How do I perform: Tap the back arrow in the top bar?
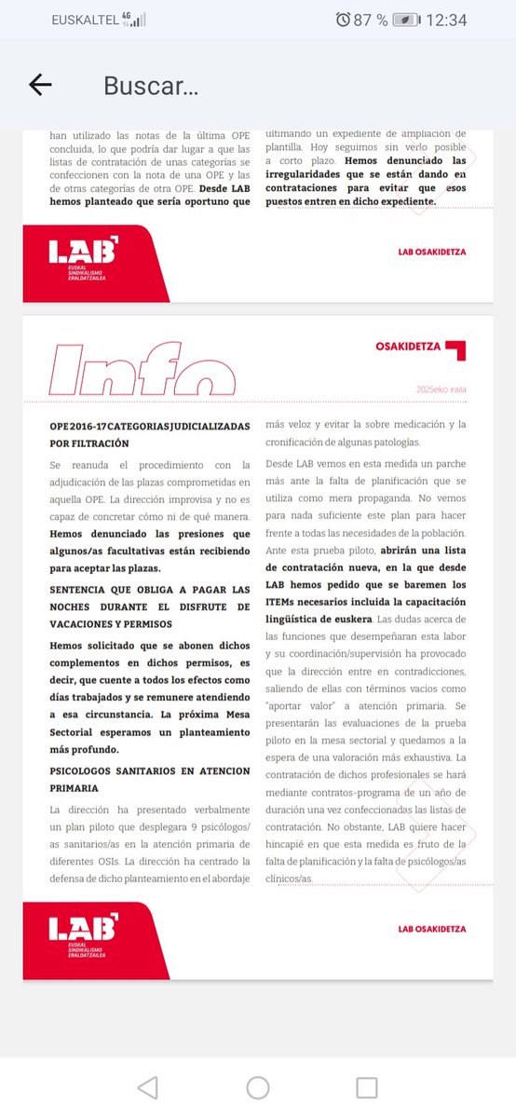[40, 85]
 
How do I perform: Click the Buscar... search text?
[151, 86]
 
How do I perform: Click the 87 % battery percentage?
[370, 20]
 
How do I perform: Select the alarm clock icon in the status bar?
[344, 20]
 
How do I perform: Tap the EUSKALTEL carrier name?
[89, 20]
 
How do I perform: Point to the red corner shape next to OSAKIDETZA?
[455, 350]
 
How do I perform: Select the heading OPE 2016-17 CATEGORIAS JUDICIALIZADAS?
[149, 434]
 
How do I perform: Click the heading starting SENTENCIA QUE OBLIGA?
[149, 607]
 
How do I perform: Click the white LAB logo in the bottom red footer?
[83, 928]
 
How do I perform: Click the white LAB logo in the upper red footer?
[83, 251]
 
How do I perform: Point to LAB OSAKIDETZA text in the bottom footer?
[431, 929]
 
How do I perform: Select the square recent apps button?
[366, 1087]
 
